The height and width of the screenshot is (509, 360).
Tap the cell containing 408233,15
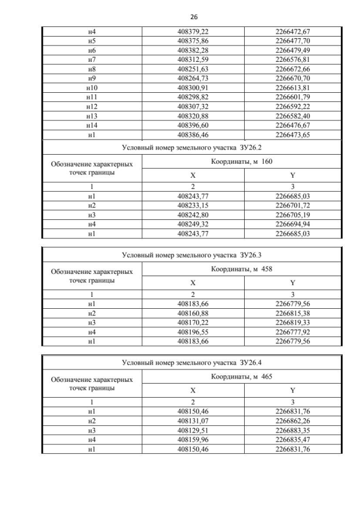coord(192,206)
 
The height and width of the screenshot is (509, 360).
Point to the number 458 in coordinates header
coord(267,269)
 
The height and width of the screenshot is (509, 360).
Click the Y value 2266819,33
coord(293,322)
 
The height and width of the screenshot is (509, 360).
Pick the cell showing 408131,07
coord(192,421)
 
